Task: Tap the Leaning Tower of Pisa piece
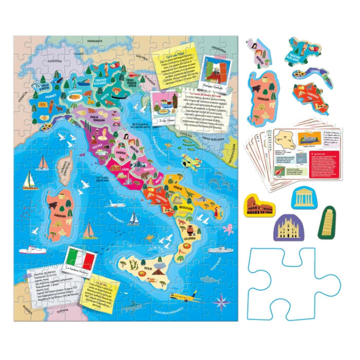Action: point(328,220)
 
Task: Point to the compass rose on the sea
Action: point(223,303)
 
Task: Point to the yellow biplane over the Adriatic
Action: point(190,160)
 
